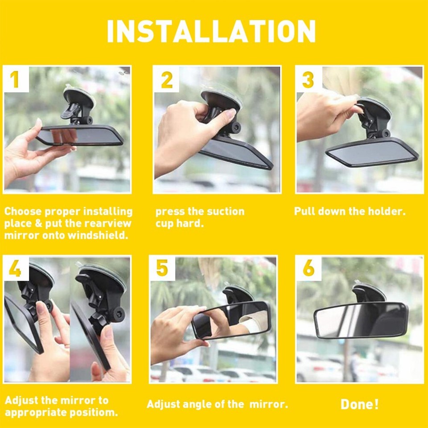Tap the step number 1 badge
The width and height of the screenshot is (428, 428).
tap(14, 79)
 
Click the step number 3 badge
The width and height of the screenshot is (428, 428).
tap(308, 80)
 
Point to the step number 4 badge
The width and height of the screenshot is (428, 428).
tap(15, 268)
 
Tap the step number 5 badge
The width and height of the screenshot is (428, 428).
tap(162, 268)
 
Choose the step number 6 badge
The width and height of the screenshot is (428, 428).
tap(309, 268)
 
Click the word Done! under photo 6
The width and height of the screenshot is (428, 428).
tap(359, 404)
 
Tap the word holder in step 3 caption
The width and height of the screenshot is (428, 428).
tap(386, 211)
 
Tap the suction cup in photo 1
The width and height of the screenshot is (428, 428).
tap(79, 97)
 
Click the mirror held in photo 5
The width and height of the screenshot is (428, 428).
tap(232, 320)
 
